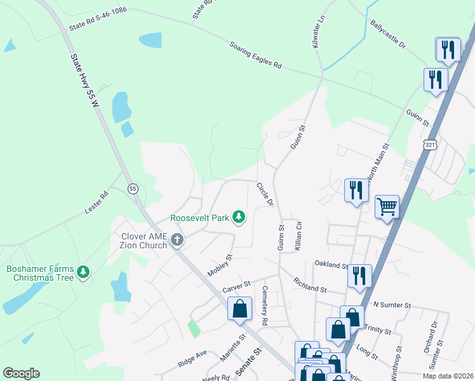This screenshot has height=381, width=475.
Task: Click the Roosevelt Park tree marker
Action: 239,218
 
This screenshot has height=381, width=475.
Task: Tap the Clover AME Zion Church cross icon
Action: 177,240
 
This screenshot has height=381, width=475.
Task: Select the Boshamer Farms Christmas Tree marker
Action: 83,272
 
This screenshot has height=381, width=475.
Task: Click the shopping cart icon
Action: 387,206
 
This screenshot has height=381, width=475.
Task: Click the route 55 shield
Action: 133,189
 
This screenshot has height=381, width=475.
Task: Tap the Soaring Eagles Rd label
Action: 254,55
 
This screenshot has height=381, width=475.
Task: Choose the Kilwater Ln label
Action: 321,29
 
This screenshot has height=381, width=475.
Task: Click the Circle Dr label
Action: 264,194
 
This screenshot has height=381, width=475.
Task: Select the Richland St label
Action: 309,284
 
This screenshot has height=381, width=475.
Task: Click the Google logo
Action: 21,373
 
